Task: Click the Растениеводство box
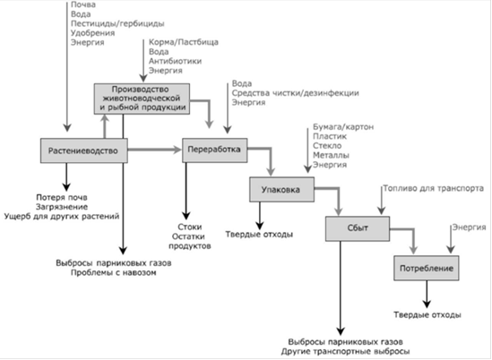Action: (x=84, y=150)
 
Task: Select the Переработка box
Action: (x=214, y=150)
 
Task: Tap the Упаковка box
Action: (x=281, y=190)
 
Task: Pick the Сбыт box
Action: (x=358, y=228)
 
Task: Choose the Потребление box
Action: (x=427, y=268)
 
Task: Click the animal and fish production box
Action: (x=142, y=99)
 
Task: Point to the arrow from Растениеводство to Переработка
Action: (x=155, y=150)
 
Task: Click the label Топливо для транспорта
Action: (x=434, y=188)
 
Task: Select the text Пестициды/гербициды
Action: (x=117, y=23)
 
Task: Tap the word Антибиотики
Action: (x=175, y=61)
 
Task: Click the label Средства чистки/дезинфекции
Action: (x=295, y=93)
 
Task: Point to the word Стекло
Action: (x=327, y=146)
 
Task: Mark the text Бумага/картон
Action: (x=343, y=127)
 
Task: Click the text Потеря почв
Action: (x=62, y=198)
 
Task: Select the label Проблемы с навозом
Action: (x=114, y=272)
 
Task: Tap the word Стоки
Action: (x=189, y=227)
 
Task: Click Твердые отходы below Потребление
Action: (x=427, y=315)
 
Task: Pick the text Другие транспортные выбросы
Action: (x=345, y=352)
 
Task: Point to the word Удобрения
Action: (x=93, y=33)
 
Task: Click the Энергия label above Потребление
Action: (x=469, y=227)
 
